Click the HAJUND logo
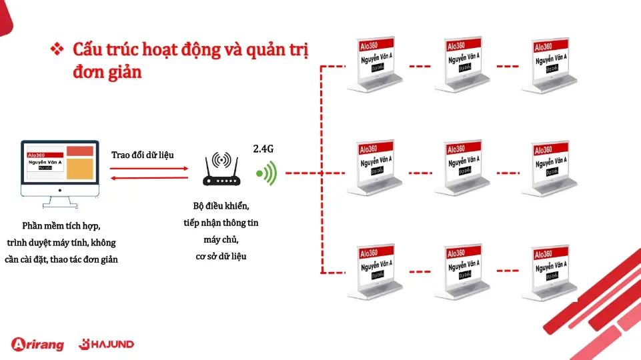(107, 344)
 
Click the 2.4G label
(263, 149)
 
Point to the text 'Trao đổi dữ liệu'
(143, 155)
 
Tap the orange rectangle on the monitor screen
(79, 169)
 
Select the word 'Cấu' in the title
(88, 50)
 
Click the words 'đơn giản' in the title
(107, 72)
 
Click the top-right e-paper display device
(551, 65)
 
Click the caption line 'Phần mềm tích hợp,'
(61, 225)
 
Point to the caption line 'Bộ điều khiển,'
(221, 206)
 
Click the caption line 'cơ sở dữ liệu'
(221, 255)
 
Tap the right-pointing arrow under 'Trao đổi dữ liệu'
(149, 167)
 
